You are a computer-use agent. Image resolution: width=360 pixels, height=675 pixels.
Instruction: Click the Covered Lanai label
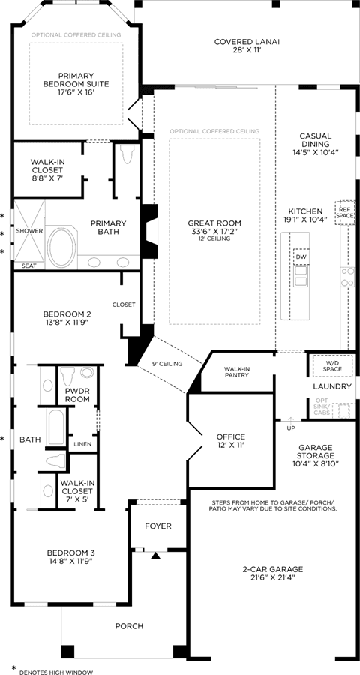point(247,46)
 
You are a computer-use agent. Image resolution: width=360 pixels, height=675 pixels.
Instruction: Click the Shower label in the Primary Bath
point(30,231)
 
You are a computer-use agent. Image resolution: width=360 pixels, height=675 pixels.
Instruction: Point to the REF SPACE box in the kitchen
point(345,212)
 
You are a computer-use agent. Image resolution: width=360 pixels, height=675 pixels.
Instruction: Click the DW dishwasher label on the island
point(300,257)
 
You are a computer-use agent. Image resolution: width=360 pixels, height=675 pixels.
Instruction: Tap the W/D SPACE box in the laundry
point(332,366)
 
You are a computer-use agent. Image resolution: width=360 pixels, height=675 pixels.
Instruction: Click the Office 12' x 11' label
point(230,440)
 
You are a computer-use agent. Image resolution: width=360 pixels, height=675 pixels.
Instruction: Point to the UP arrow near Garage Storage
point(291,421)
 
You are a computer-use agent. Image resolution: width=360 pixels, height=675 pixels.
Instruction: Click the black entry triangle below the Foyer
point(156,556)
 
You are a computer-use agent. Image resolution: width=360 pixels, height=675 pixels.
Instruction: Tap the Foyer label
point(158,526)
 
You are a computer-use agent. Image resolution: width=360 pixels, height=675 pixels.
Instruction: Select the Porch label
point(129,626)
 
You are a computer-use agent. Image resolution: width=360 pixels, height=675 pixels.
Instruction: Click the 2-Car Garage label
point(272,573)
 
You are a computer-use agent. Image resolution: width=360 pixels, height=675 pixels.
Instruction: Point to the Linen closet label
point(82,444)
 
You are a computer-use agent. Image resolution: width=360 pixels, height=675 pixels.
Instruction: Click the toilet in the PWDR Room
point(67,376)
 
